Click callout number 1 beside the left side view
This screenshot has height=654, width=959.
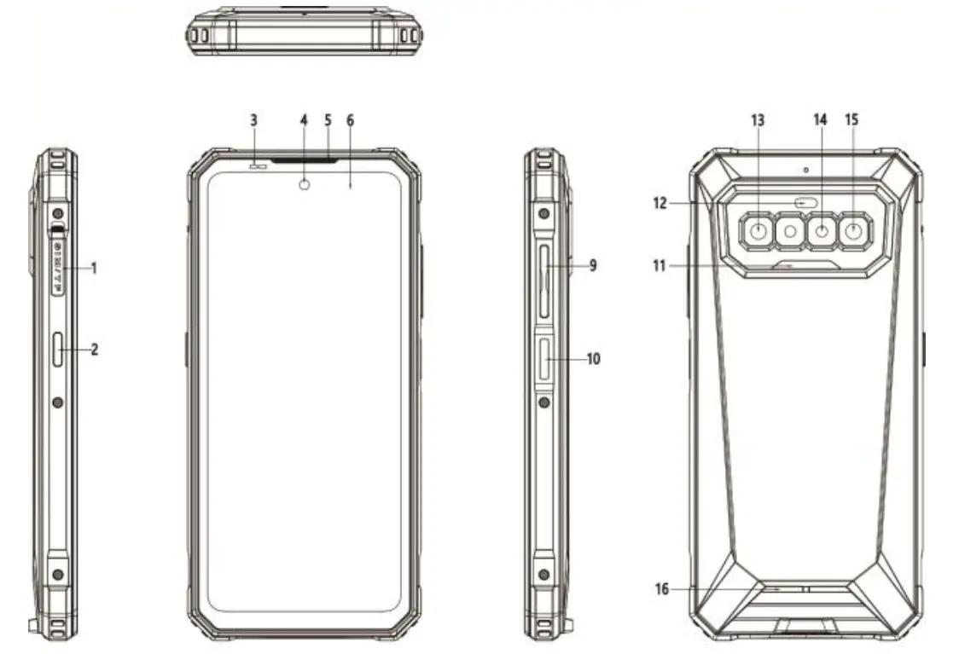point(95,268)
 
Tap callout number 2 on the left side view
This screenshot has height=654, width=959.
point(95,348)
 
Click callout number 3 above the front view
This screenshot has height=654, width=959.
point(253,120)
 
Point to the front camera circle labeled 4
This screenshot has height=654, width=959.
point(305,183)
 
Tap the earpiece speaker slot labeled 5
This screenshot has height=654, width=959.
point(305,159)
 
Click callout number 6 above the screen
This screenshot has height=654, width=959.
point(350,120)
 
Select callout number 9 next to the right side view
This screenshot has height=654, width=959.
point(591,266)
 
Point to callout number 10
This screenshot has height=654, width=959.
point(593,359)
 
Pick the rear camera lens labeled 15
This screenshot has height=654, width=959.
point(851,230)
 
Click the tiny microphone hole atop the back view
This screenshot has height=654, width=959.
point(805,170)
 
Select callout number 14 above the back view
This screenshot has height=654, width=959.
point(820,120)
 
